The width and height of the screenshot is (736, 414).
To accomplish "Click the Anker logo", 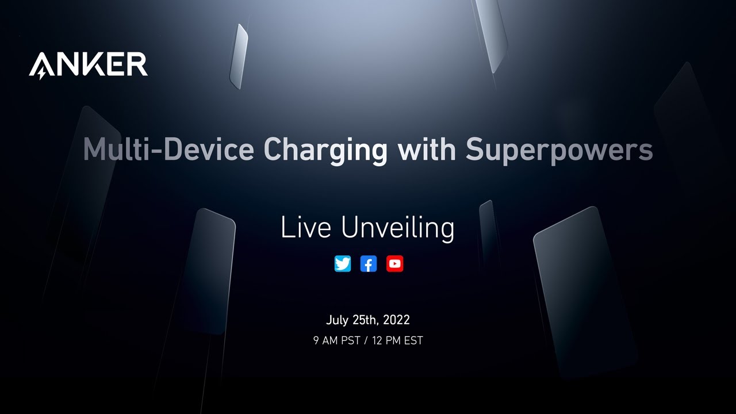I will click(88, 64).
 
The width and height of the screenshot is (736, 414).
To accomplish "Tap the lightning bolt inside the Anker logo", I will click(42, 74).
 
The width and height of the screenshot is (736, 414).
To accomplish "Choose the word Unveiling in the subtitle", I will click(397, 228).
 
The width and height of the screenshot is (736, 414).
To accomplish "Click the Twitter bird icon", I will click(343, 264).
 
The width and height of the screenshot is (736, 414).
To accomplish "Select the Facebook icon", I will click(369, 264).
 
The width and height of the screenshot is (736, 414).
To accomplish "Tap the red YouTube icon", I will click(394, 264).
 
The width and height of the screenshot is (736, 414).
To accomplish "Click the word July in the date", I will click(338, 320).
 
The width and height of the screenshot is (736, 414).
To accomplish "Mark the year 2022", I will click(396, 320).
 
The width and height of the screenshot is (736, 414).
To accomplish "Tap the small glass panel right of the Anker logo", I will click(239, 56).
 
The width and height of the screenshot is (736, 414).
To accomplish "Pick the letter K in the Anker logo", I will click(94, 64).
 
